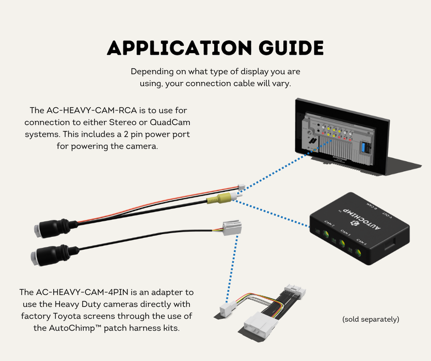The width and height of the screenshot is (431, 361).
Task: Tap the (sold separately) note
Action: tap(371, 319)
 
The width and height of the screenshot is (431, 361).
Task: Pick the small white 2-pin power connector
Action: tap(241, 188)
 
